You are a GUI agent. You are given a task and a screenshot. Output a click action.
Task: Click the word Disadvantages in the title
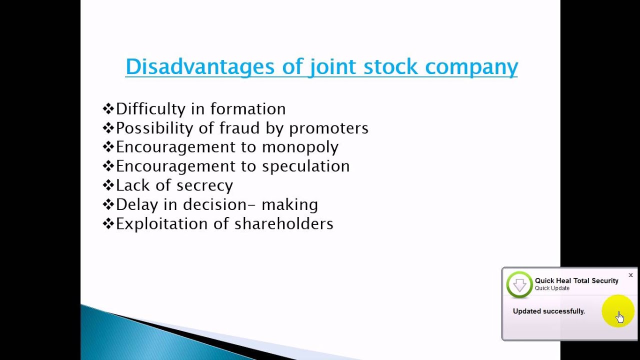[x=200, y=66]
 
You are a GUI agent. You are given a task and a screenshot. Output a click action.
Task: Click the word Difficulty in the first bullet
[x=157, y=109]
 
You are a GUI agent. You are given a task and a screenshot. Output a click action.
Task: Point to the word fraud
[x=240, y=128]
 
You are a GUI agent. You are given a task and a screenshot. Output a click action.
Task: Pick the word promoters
[x=328, y=128]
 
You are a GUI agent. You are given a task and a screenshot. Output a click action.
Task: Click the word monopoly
[x=300, y=147]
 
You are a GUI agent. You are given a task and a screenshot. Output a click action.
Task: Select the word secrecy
[x=204, y=185]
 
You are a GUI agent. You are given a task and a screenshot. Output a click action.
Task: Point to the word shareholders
[x=283, y=223]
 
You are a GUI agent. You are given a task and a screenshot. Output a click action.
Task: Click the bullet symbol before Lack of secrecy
[x=108, y=185]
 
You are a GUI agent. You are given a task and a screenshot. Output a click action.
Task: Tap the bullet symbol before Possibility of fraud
[x=108, y=128]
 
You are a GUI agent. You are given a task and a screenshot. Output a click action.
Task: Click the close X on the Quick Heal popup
[x=630, y=275]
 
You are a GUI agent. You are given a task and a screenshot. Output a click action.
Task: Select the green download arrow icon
[x=519, y=284]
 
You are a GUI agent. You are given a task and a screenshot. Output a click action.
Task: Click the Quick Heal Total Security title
[x=576, y=280]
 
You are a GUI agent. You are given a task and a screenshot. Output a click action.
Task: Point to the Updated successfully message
[x=548, y=311]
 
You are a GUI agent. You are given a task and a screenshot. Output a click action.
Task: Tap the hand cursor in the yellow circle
[x=619, y=316]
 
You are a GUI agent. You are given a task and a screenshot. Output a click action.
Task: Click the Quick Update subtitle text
[x=552, y=288]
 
